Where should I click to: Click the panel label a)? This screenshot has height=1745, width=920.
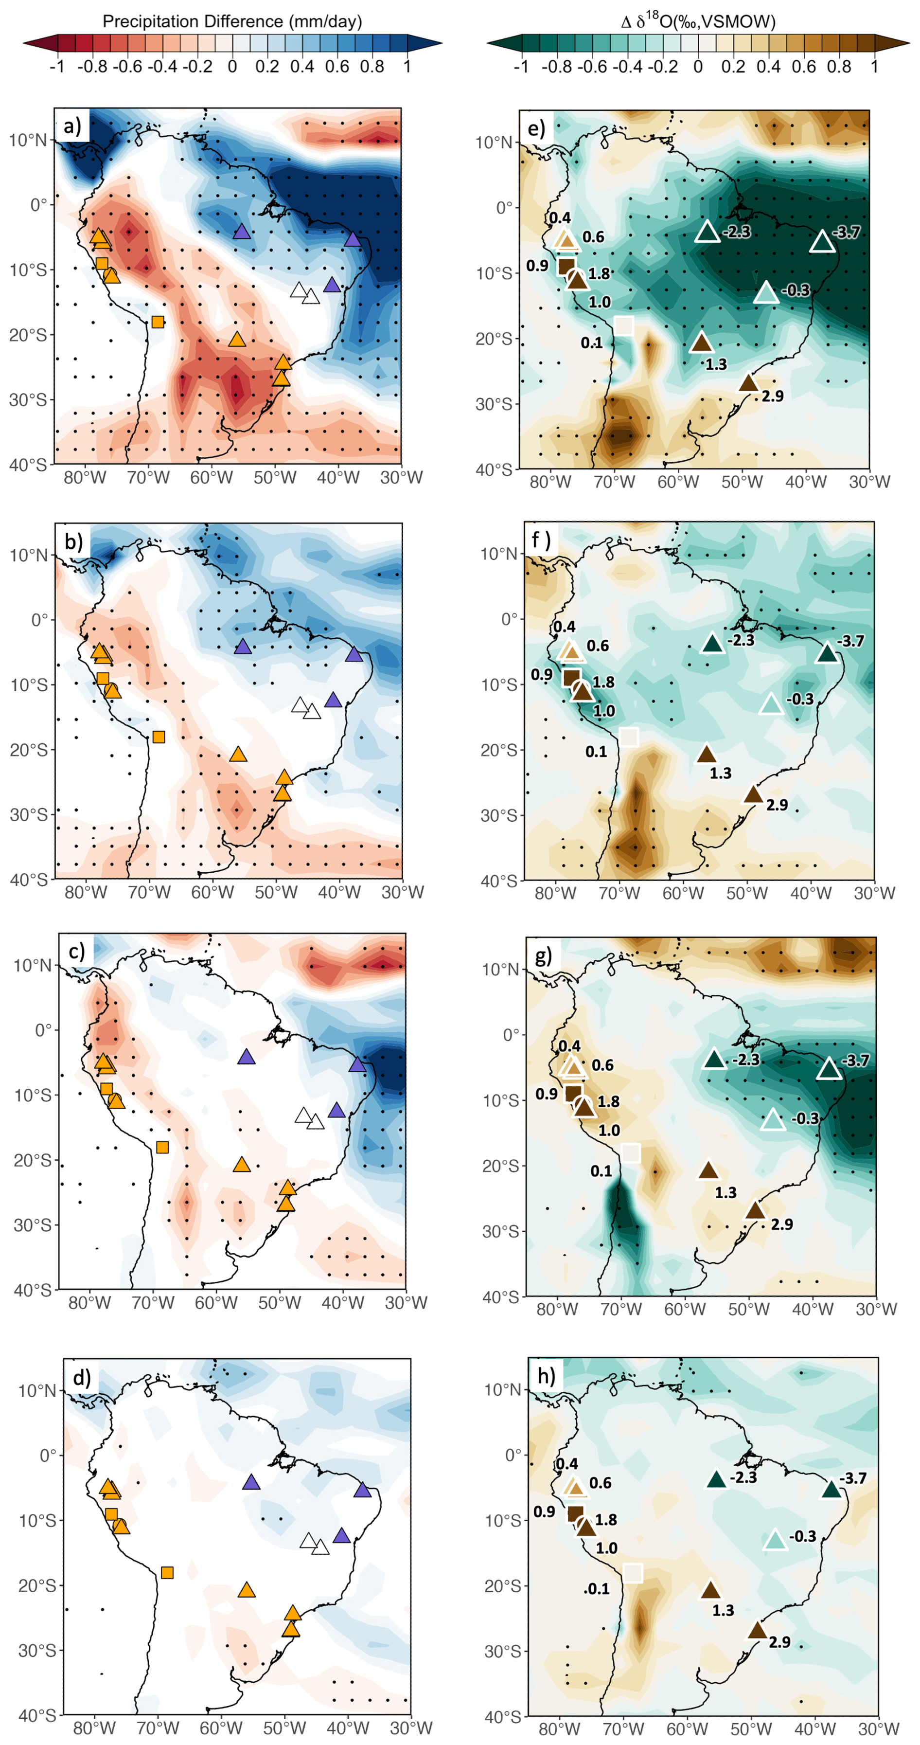[72, 126]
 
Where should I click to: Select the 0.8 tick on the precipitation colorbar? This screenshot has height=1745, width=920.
[372, 66]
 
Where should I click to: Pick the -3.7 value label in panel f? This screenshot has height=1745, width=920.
[850, 641]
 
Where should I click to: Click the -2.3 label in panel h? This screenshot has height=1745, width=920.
[742, 1477]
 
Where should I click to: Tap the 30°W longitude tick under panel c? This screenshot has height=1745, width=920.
[406, 1302]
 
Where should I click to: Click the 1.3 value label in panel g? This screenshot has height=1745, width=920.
[725, 1192]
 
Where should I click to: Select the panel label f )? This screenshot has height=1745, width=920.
[541, 540]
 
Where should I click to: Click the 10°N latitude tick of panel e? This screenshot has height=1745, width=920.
[494, 142]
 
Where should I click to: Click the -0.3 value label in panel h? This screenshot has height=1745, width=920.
[802, 1536]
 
